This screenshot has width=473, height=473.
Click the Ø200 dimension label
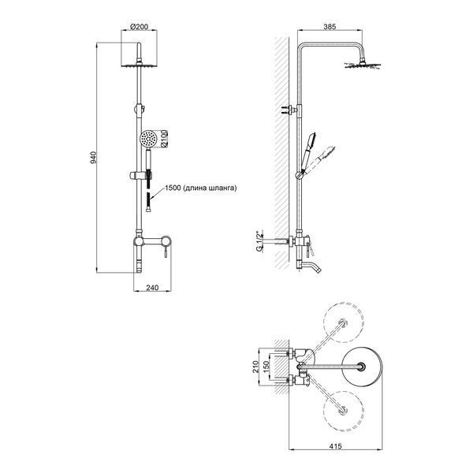[x=139, y=27]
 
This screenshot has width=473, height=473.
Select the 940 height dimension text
[x=94, y=158]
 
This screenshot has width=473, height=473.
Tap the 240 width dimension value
[x=152, y=288]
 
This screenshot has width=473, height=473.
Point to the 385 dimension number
[x=330, y=27]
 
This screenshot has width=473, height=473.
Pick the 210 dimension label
[x=255, y=367]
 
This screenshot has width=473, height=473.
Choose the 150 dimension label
[x=266, y=367]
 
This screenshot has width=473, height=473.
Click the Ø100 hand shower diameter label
[x=164, y=139]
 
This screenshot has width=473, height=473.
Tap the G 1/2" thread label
[x=259, y=241]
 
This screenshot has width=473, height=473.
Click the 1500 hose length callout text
[x=200, y=188]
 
